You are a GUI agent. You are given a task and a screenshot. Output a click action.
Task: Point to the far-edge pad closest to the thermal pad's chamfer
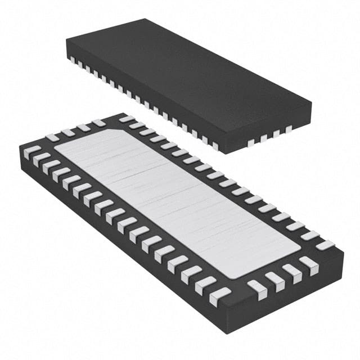pos(127,120)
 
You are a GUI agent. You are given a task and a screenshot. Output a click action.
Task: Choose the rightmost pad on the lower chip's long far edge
pos(325,245)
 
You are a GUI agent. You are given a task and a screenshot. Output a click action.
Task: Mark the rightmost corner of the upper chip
pos(311,104)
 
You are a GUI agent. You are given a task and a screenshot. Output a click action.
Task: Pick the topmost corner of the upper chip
pos(147,19)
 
